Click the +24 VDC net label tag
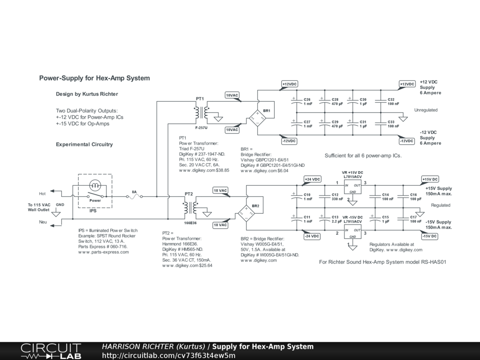[312, 180]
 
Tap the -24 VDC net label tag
[312, 236]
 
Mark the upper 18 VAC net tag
[220, 190]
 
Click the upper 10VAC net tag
[232, 95]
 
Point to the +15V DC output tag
[430, 180]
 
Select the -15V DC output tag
[430, 236]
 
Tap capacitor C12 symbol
[322, 197]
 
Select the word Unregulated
[426, 110]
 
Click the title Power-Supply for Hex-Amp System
[94, 78]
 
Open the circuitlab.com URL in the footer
[168, 355]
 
